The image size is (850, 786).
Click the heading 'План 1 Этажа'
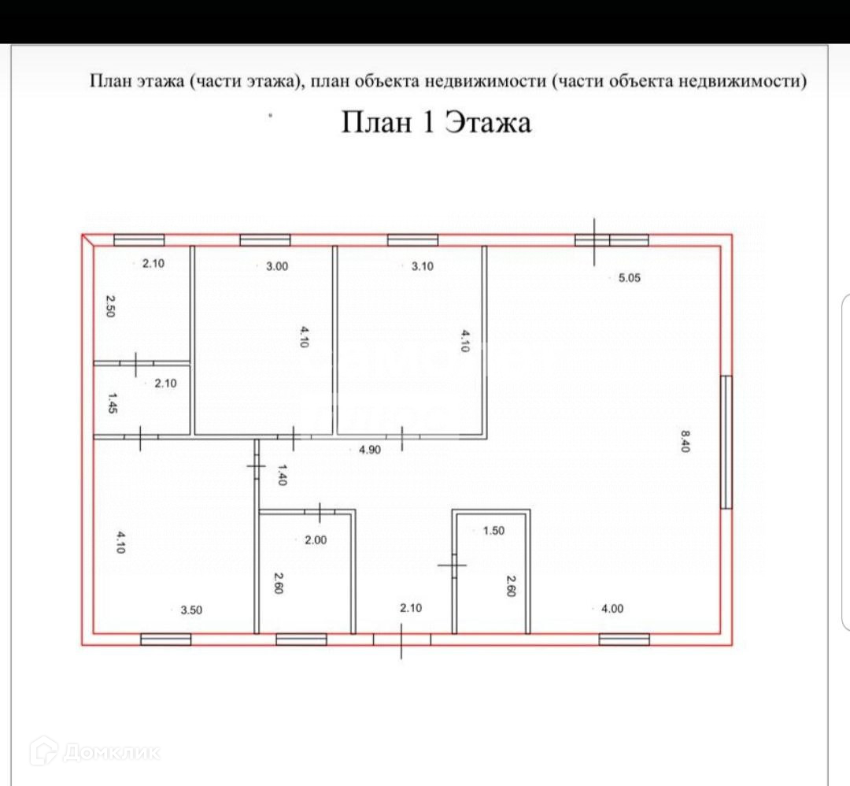(x=436, y=123)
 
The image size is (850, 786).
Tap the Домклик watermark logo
(x=94, y=751)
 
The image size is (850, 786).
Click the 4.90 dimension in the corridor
(x=370, y=450)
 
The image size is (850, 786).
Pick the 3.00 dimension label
(x=277, y=266)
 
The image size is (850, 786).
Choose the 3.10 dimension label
(x=422, y=266)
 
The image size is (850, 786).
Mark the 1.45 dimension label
(x=111, y=404)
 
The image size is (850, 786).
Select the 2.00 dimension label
(x=315, y=540)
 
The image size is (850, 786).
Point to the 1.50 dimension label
(x=493, y=531)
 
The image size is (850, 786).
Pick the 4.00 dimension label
(x=612, y=608)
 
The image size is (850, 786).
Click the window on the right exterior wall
(x=726, y=442)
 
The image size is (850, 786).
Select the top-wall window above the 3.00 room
(x=265, y=240)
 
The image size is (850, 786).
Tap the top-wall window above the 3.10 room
(x=412, y=240)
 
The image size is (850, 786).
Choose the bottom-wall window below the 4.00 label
(x=624, y=639)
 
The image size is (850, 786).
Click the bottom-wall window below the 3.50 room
(x=165, y=639)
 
